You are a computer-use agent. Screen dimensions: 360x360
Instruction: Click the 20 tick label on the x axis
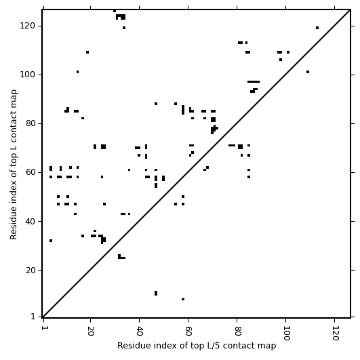tap(91, 331)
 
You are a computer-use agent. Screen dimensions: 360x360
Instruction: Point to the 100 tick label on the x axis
tap(286, 333)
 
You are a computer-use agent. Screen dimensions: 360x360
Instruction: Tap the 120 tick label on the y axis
tap(27, 26)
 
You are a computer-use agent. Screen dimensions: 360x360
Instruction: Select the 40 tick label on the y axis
tap(31, 222)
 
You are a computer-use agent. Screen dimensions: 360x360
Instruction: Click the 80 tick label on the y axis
tap(31, 123)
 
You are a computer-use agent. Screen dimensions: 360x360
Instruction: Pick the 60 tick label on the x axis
tap(188, 331)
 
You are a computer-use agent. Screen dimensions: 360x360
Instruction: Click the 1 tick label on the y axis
tap(33, 317)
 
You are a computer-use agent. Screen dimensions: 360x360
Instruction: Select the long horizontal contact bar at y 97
tap(254, 81)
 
